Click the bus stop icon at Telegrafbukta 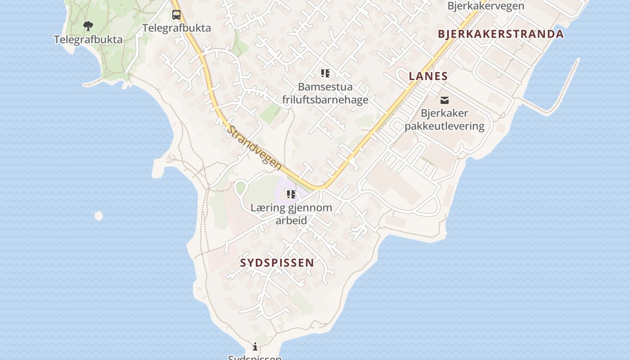(x=176, y=14)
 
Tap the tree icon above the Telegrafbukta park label (x=88, y=26)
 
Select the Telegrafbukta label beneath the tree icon (x=88, y=40)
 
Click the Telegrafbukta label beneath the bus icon (x=176, y=28)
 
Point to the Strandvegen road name (x=254, y=148)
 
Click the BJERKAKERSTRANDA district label (x=500, y=34)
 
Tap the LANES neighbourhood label (x=428, y=76)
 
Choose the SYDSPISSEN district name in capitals (x=277, y=263)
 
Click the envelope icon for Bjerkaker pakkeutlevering (x=445, y=100)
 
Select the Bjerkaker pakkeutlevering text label (x=445, y=120)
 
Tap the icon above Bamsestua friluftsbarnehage (x=325, y=73)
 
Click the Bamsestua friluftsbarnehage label (x=325, y=93)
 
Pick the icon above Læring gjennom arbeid (x=291, y=194)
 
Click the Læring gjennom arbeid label (x=291, y=214)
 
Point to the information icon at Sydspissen (x=255, y=346)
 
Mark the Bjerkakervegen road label (x=486, y=6)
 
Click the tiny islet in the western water (x=99, y=216)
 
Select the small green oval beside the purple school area (x=241, y=188)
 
